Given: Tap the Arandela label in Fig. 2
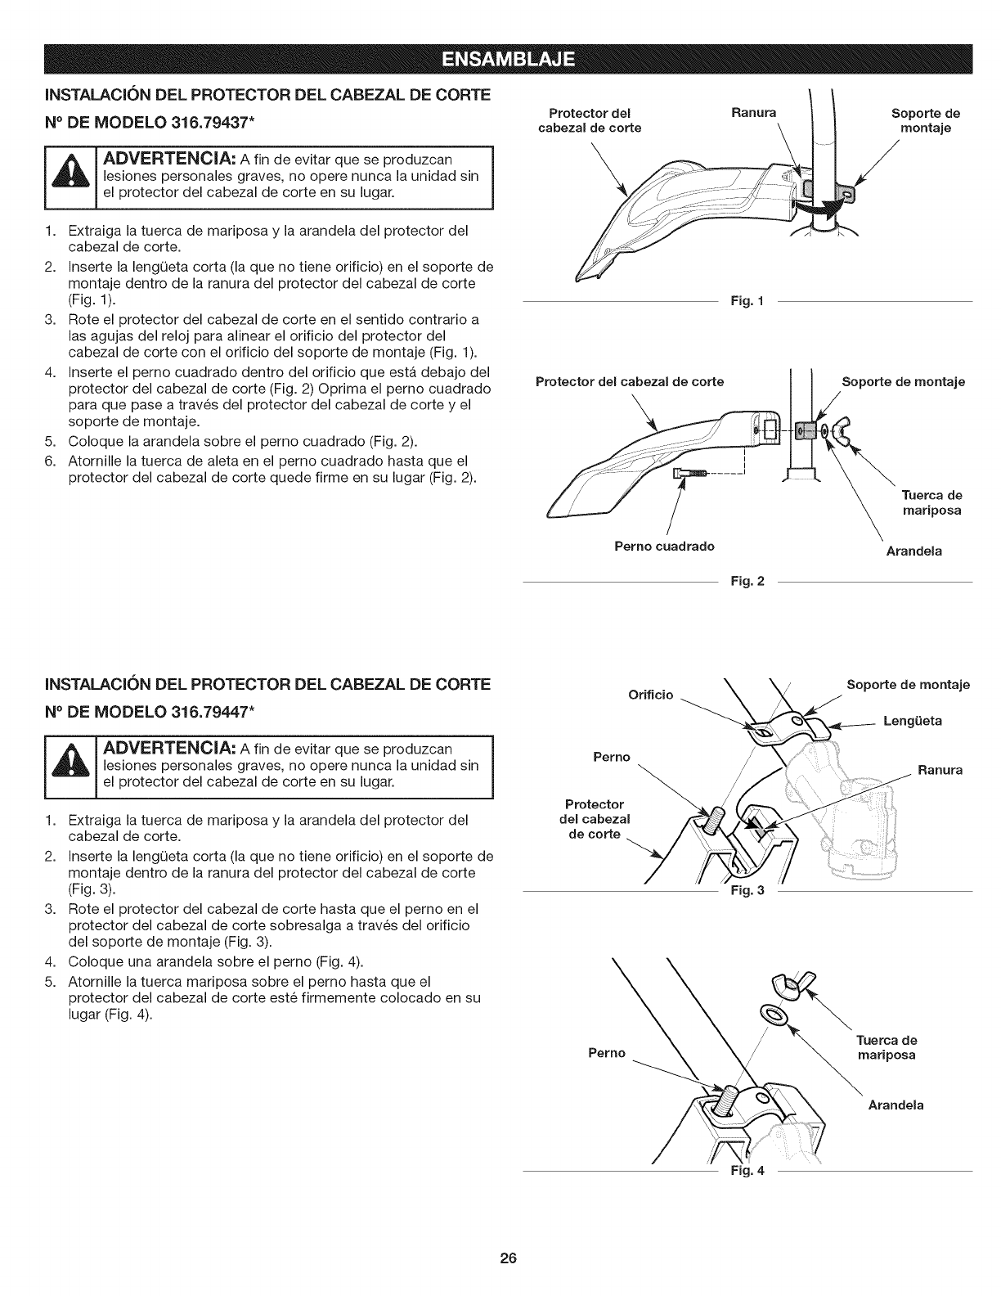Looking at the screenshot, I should coord(914,551).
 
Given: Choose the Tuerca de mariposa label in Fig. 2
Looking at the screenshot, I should coord(931,502).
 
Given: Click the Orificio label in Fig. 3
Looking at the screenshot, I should coord(650,695).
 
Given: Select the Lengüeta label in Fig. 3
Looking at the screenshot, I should coord(913,721).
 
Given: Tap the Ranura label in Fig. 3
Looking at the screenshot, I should coord(940,770).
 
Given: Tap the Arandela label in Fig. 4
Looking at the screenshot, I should coord(896,1105).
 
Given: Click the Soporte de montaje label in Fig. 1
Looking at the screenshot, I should coord(925,120).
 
